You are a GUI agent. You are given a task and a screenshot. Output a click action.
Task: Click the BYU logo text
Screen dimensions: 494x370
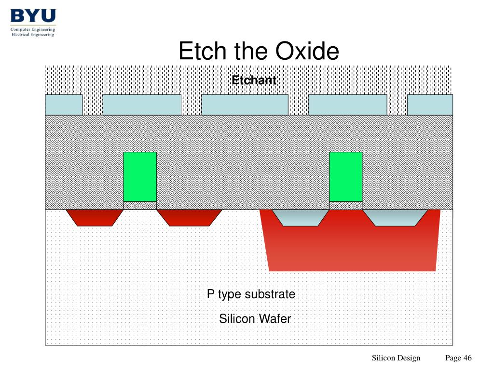33,15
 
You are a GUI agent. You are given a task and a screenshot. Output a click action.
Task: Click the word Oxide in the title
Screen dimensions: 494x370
307,51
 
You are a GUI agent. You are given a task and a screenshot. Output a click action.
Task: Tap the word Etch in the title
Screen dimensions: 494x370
202,51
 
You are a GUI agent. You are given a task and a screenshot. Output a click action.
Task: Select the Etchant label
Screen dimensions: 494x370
254,80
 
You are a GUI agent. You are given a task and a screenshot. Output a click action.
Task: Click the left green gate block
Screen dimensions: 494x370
140,177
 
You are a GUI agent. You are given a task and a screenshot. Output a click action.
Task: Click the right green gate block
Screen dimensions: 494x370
345,177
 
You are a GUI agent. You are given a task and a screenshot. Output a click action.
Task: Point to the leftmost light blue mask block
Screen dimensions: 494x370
64,105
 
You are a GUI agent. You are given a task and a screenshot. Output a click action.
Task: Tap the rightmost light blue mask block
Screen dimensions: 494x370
430,105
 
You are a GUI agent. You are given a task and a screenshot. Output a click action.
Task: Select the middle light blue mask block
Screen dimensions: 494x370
245,105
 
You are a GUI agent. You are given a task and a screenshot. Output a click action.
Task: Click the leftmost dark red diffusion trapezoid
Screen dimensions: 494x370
95,218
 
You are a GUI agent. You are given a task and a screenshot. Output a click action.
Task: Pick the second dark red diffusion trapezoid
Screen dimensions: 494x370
189,218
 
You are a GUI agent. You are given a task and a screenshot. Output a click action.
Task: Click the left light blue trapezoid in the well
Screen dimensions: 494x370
300,218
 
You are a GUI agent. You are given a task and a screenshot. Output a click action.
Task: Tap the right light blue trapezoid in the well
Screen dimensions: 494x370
396,218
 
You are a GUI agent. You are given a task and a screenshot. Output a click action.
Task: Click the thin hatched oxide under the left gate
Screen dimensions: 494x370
140,205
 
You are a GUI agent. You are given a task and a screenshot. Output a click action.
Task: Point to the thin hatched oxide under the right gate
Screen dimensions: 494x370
345,205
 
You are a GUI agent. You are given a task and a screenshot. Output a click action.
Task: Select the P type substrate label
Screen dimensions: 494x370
251,294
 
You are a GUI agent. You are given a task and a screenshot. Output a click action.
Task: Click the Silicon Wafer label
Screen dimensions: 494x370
255,319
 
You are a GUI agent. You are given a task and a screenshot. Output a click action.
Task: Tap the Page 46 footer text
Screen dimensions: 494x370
458,358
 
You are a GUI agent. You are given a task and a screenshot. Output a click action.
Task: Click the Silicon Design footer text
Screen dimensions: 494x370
396,358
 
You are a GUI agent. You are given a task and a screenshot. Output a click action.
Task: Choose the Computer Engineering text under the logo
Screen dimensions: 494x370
33,29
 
